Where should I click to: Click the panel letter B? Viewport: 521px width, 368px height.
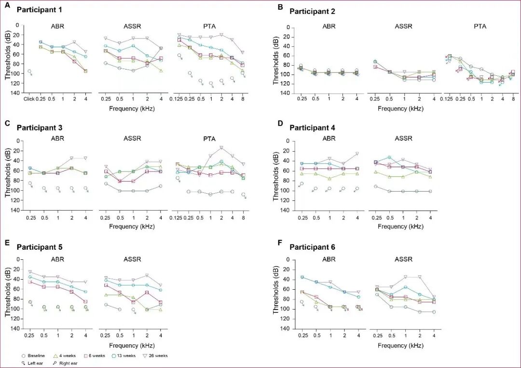[x=280, y=7]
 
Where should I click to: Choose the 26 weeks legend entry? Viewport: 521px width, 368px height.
[x=155, y=356]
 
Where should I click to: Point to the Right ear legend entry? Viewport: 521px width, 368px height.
[x=67, y=363]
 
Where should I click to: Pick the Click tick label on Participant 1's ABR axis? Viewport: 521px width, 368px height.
[x=29, y=99]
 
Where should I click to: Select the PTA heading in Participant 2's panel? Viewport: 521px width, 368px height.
[x=480, y=26]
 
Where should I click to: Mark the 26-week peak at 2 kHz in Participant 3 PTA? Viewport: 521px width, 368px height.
[x=221, y=147]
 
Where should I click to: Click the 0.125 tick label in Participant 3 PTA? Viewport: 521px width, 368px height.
[x=177, y=217]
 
